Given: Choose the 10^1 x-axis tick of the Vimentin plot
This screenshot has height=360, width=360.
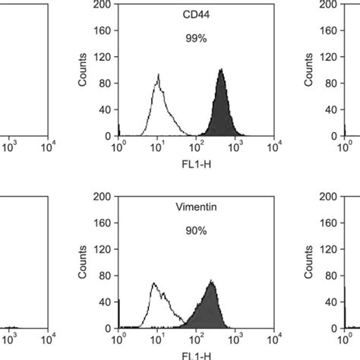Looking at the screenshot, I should pos(158,336).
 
